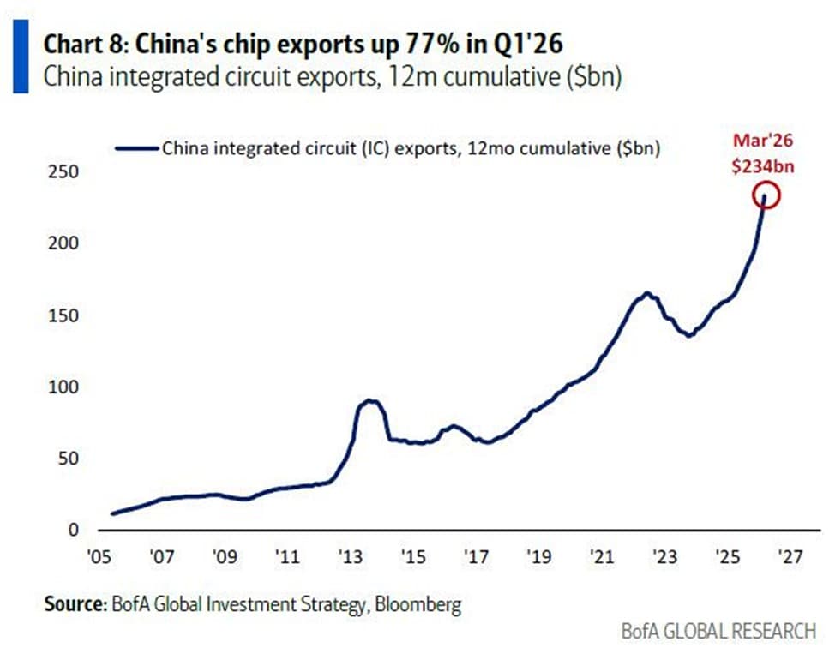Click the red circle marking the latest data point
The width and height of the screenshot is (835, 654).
(x=766, y=196)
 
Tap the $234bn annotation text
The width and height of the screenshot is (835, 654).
(x=762, y=167)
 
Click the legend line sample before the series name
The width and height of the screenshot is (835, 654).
(x=137, y=147)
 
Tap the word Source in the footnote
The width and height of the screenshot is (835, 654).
(x=75, y=604)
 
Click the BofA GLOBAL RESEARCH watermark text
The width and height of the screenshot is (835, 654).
(x=718, y=632)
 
